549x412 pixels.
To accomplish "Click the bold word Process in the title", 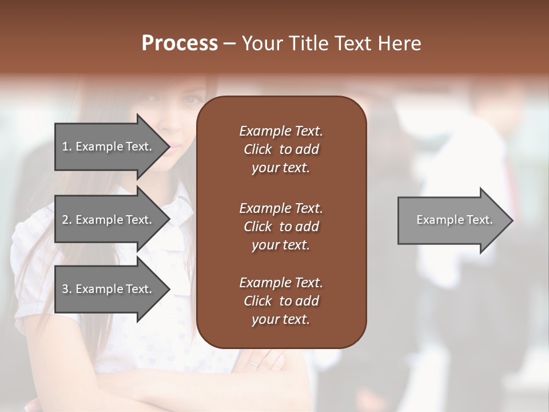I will pos(180,43).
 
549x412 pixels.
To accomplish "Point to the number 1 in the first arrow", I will pos(65,146).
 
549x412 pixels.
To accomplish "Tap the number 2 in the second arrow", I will pos(66,220).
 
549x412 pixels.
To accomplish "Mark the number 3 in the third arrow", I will pos(66,289).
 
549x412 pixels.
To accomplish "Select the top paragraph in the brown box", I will pos(281,149).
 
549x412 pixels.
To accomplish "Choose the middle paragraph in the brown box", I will pos(281,226).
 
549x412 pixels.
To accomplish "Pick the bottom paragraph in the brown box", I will pos(281,301).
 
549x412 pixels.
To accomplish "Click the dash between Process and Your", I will pos(229,43).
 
